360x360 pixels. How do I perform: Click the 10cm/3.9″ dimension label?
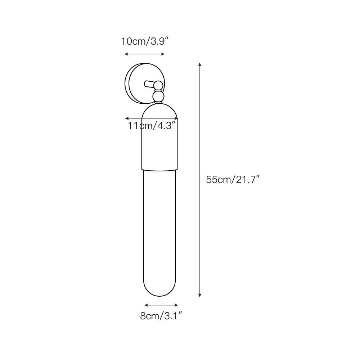pos(145,41)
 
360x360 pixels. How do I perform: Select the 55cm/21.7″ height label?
pos(233,180)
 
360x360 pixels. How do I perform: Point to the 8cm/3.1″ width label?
pos(161,316)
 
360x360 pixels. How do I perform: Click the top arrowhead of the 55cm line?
pos(200,64)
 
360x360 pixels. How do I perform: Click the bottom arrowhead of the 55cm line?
pos(200,296)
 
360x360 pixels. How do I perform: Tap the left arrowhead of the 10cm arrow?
pos(126,54)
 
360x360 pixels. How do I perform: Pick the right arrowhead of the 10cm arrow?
pos(163,54)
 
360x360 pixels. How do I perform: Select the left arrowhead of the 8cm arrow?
pos(146,305)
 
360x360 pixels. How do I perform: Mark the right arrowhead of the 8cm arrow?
pos(176,305)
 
